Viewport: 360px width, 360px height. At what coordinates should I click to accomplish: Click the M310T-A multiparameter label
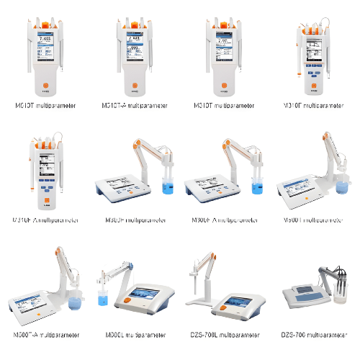(135, 106)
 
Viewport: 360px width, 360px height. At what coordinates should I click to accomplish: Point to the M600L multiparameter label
(135, 335)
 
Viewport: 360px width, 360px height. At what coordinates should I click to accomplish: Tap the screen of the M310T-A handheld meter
(135, 49)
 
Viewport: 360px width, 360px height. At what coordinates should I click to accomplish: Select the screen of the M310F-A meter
(46, 167)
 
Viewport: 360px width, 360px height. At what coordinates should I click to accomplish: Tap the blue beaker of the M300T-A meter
(75, 302)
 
